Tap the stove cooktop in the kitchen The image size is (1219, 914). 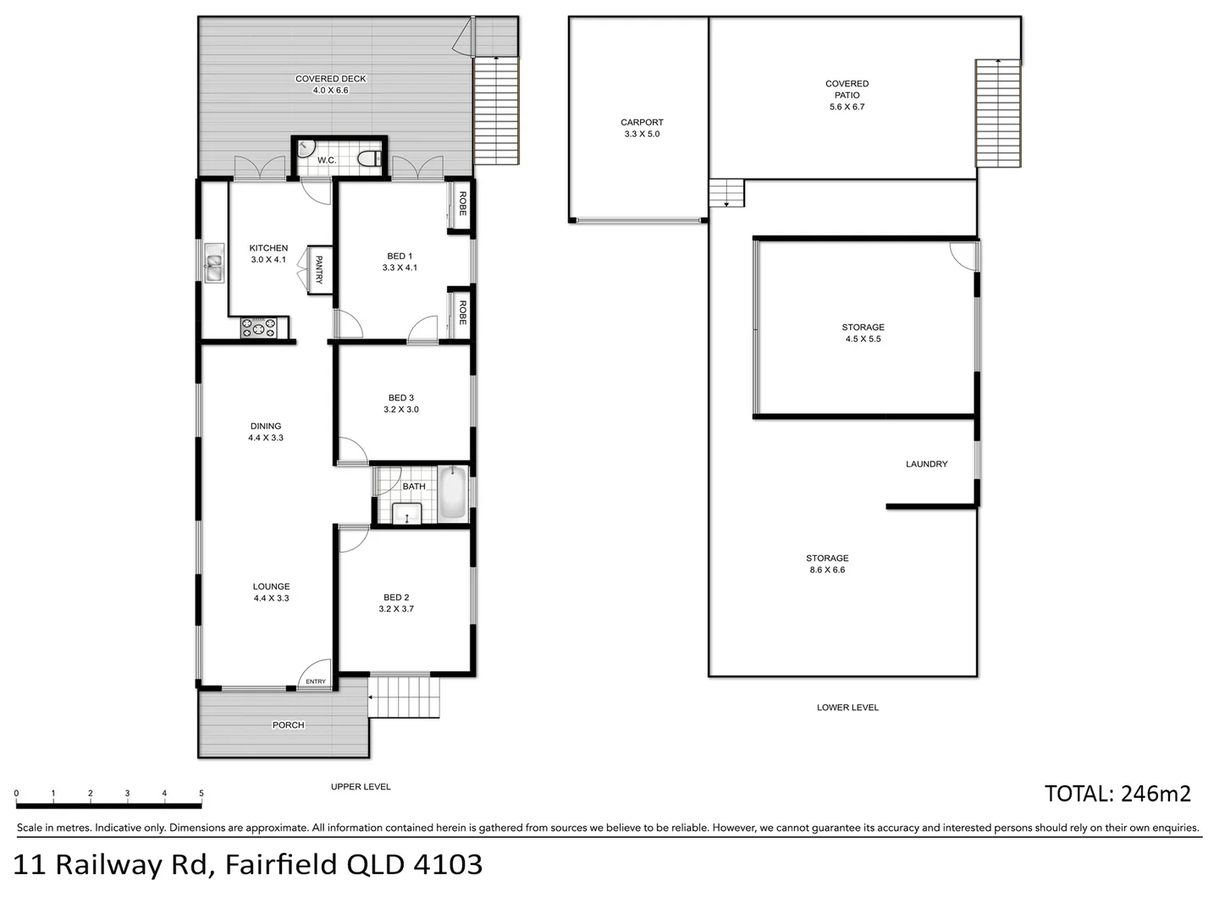pyautogui.click(x=259, y=328)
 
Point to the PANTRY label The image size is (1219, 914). pyautogui.click(x=319, y=270)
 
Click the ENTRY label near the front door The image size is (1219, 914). pyautogui.click(x=315, y=681)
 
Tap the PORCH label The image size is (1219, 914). pyautogui.click(x=288, y=725)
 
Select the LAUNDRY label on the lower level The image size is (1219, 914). pyautogui.click(x=926, y=464)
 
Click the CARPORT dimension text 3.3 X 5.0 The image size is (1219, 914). pyautogui.click(x=641, y=134)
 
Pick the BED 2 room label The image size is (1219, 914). pyautogui.click(x=396, y=597)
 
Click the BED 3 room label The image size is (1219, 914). pyautogui.click(x=400, y=398)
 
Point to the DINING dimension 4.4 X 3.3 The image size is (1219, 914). pyautogui.click(x=266, y=438)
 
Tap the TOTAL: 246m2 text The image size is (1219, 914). pyautogui.click(x=1117, y=794)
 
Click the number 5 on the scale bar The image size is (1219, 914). pyautogui.click(x=201, y=794)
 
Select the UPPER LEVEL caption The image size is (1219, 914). pyautogui.click(x=361, y=787)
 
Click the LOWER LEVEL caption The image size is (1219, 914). pyautogui.click(x=847, y=708)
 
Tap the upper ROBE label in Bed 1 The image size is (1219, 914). pyautogui.click(x=462, y=203)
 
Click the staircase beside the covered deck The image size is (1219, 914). pyautogui.click(x=496, y=110)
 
